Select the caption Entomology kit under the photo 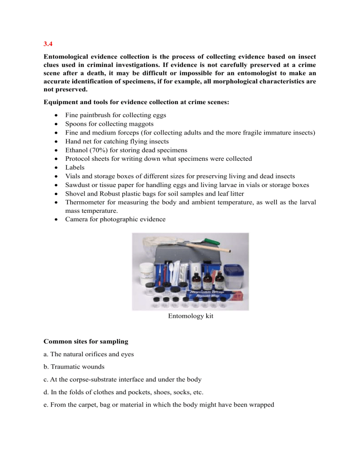190,316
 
